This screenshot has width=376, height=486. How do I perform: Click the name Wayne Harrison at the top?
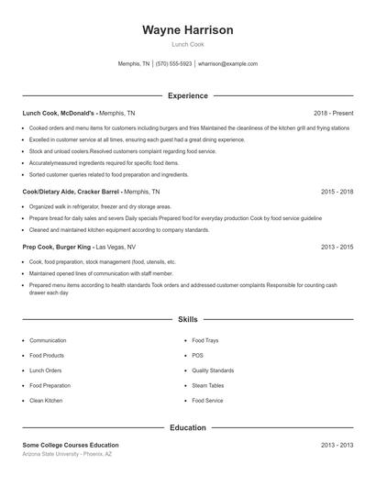pyautogui.click(x=187, y=30)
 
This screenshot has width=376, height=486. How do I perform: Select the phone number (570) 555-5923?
pyautogui.click(x=173, y=64)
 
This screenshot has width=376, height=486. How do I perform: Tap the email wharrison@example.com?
pyautogui.click(x=227, y=64)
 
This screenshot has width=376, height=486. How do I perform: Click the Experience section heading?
pyautogui.click(x=187, y=95)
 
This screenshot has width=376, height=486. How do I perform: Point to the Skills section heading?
pyautogui.click(x=187, y=320)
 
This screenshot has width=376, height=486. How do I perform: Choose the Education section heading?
pyautogui.click(x=187, y=427)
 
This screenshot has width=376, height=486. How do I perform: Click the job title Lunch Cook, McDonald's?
pyautogui.click(x=59, y=113)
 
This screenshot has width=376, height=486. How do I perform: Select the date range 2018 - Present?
pyautogui.click(x=332, y=113)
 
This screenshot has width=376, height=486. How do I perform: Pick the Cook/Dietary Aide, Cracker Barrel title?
pyautogui.click(x=72, y=193)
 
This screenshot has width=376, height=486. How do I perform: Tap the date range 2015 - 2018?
pyautogui.click(x=337, y=193)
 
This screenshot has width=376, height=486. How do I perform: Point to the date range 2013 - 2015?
pyautogui.click(x=337, y=247)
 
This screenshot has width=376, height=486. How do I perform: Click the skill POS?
pyautogui.click(x=197, y=355)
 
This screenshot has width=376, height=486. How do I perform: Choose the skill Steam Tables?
pyautogui.click(x=207, y=385)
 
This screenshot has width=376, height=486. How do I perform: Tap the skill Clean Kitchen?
pyautogui.click(x=46, y=401)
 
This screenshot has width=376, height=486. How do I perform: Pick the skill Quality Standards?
pyautogui.click(x=213, y=370)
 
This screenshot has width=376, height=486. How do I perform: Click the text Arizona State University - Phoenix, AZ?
pyautogui.click(x=68, y=455)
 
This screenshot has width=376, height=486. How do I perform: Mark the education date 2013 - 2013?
pyautogui.click(x=337, y=445)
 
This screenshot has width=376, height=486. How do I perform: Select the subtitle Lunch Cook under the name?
pyautogui.click(x=187, y=45)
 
